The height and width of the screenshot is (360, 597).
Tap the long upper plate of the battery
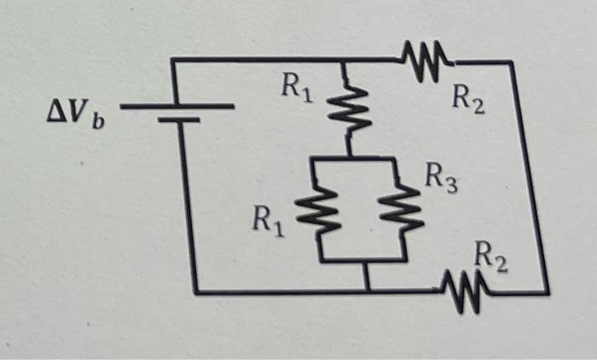tap(177, 107)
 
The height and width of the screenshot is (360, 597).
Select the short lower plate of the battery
tap(178, 121)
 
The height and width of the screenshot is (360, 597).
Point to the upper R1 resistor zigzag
tap(348, 109)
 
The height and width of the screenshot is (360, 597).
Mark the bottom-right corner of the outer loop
tap(546, 291)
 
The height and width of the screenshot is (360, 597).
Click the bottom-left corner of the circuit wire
tap(197, 291)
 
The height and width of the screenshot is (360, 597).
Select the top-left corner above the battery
tap(173, 60)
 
